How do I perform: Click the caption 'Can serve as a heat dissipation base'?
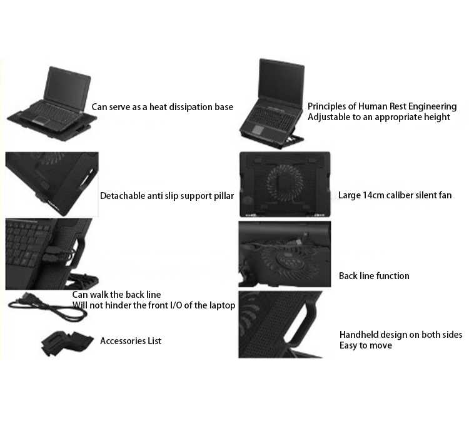162,107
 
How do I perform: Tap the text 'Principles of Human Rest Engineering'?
382,106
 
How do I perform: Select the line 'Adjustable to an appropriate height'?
378,117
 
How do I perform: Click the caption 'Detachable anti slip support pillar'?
167,196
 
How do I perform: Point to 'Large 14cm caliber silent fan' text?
395,195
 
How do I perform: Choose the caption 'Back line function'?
374,275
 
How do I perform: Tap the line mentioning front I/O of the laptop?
153,305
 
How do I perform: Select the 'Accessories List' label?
131,341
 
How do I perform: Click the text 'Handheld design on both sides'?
401,335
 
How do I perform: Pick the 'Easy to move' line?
366,345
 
